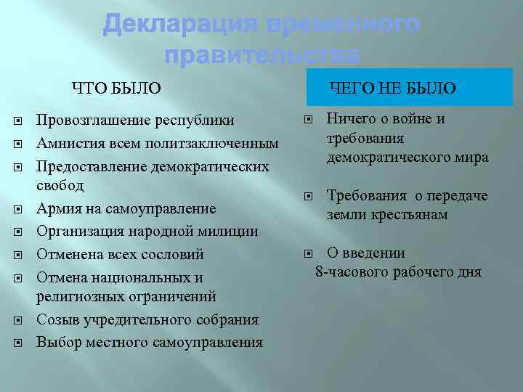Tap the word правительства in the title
click(261, 55)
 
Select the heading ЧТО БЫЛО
click(115, 89)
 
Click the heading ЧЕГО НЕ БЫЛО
click(393, 89)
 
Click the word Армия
click(57, 209)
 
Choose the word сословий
click(173, 255)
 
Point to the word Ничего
click(352, 118)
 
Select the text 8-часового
click(350, 272)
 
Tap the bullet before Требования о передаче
click(308, 196)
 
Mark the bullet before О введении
click(308, 253)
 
